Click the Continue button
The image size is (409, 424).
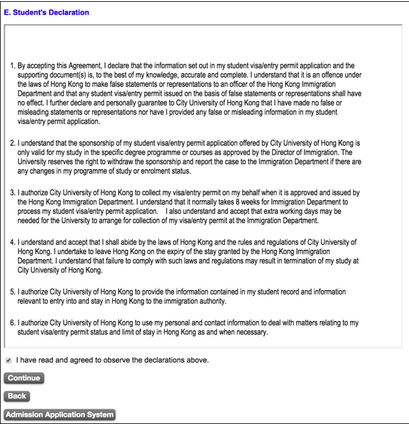pos(24,378)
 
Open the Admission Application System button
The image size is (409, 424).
pos(60,414)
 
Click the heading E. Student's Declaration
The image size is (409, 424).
pos(46,12)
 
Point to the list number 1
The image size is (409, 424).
pos(13,65)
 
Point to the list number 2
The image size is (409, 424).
pos(13,142)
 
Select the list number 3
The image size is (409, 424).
pos(13,193)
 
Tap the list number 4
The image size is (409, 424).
pos(13,242)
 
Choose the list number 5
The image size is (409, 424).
pos(13,292)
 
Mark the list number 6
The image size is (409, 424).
pos(13,323)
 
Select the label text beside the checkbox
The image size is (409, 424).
pos(112,360)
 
